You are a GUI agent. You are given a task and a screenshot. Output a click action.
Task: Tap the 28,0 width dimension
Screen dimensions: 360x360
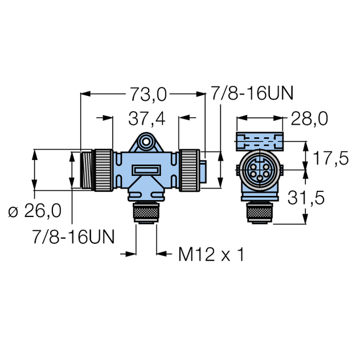pos(309,118)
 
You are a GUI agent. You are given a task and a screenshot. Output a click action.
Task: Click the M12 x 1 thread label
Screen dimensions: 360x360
pos(211,255)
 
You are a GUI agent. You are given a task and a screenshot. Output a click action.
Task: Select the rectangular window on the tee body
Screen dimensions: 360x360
pos(146,170)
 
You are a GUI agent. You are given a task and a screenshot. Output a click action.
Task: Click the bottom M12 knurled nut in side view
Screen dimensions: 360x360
pos(146,216)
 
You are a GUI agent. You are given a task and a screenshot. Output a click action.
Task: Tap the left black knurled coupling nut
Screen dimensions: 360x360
pos(104,169)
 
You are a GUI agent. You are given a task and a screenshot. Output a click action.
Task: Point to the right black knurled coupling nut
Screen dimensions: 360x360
pos(189,169)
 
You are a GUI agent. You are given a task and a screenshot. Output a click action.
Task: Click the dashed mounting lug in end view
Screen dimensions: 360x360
pos(260,140)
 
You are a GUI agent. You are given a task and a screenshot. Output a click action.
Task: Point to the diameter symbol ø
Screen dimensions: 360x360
pos(13,212)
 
